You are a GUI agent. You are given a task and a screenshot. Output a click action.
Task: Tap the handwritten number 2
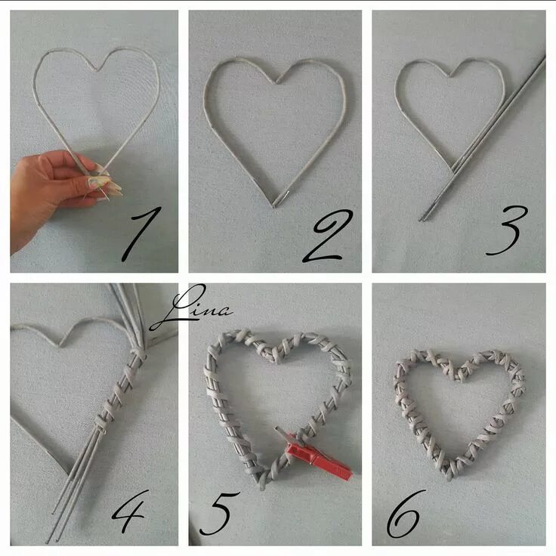point(328,236)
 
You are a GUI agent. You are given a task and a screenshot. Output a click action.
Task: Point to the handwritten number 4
point(129,511)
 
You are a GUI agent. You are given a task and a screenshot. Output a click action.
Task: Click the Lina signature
point(191,307)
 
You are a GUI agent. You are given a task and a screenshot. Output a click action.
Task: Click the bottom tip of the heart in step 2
point(274,205)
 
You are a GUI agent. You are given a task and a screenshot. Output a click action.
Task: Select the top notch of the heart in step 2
point(276,82)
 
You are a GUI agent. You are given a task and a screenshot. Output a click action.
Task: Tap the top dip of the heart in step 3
point(451,76)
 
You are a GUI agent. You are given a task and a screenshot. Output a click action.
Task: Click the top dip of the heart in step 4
point(61,344)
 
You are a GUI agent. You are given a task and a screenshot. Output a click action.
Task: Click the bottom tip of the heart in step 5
point(262,486)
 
